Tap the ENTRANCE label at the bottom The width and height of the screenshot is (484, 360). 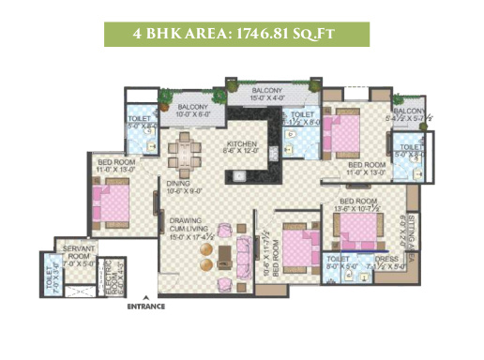click(146, 307)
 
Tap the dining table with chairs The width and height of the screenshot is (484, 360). click(187, 152)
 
